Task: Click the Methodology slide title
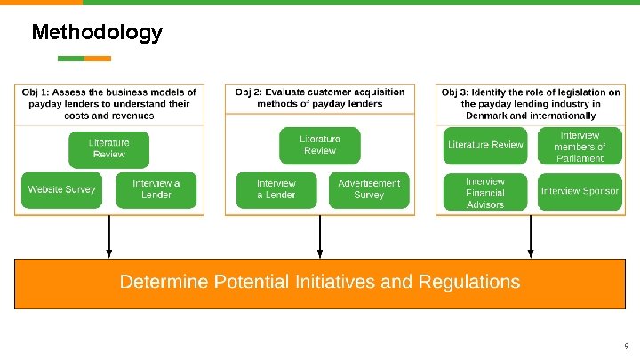click(97, 33)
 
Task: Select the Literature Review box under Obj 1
click(108, 148)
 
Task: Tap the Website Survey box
click(61, 189)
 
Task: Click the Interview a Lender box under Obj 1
click(156, 189)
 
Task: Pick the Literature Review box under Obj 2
click(320, 145)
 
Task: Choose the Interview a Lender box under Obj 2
click(276, 189)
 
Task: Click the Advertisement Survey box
click(369, 189)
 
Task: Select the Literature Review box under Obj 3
click(485, 145)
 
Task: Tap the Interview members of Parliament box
click(579, 147)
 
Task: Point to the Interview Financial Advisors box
click(485, 193)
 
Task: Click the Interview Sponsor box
click(579, 191)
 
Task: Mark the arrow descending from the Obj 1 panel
click(109, 236)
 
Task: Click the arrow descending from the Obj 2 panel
click(320, 236)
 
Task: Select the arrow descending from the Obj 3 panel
click(531, 236)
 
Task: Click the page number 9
click(626, 345)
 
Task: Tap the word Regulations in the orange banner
click(466, 283)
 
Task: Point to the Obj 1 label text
click(37, 92)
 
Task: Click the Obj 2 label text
click(251, 92)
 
